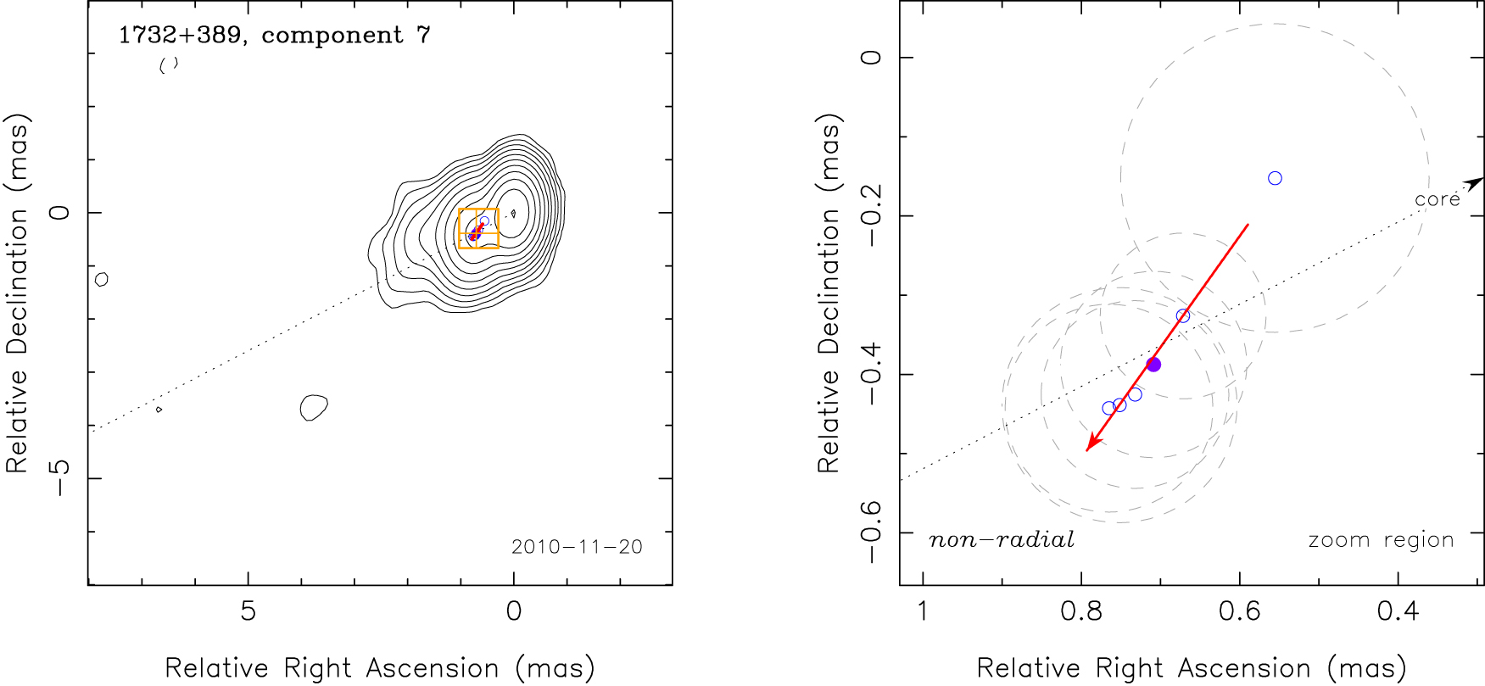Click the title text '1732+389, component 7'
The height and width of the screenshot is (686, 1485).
coord(274,36)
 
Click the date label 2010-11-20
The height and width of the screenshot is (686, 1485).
coord(577,547)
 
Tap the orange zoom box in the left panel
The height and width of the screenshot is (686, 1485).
coord(478,228)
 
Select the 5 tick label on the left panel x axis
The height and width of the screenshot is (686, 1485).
coord(248,611)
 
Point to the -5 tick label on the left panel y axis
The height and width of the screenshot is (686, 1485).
coord(59,478)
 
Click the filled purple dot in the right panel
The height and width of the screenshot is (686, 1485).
coord(1153,365)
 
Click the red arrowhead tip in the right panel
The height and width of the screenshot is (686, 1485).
coord(1088,449)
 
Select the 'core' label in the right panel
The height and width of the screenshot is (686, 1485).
coord(1437,200)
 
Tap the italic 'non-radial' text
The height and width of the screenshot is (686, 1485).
coord(1002,540)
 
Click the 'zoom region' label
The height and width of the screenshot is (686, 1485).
coord(1381,540)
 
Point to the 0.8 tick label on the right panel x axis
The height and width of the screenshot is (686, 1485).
coord(1081,611)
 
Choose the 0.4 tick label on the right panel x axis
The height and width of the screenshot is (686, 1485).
coord(1398,611)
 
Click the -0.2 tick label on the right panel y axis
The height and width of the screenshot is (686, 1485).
coord(871,216)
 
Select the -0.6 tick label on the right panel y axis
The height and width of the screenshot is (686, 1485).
coord(871,533)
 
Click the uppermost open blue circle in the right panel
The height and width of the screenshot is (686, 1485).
coord(1275,178)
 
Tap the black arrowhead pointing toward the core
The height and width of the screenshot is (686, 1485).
coord(1477,181)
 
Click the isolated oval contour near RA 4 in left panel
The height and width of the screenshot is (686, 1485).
coord(314,408)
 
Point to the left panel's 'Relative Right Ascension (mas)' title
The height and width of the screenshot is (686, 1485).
coord(380,668)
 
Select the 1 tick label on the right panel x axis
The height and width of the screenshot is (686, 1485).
coord(923,611)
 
